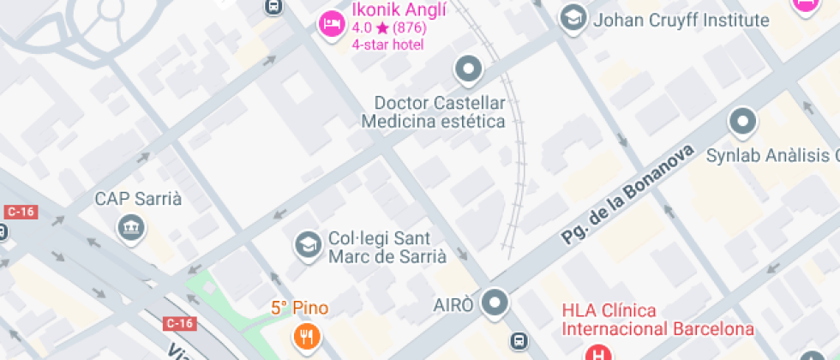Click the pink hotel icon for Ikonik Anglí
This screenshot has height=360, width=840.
[329, 22]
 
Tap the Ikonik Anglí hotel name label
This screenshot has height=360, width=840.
[388, 11]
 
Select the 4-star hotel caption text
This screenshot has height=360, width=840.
[387, 44]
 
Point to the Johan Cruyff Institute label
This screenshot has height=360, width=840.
[681, 20]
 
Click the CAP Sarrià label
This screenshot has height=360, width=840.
[138, 199]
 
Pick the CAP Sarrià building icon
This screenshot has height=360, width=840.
[132, 228]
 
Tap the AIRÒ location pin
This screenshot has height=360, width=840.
[495, 302]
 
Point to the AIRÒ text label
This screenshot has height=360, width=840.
[453, 306]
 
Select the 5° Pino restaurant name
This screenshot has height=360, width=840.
[299, 308]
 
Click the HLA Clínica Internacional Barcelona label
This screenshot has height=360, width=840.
[657, 320]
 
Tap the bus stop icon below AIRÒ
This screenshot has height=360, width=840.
[519, 341]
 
